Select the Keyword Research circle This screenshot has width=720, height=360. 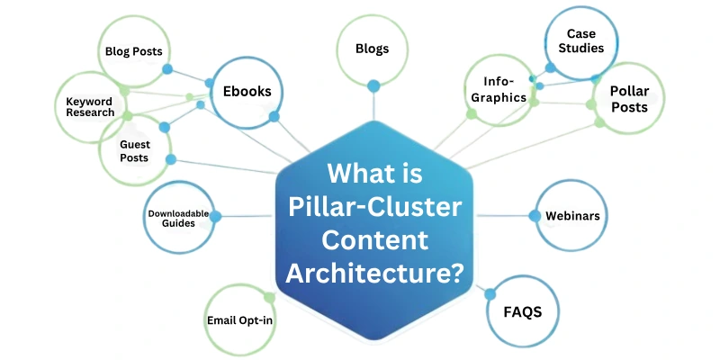[90, 106]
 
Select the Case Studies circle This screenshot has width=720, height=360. [580, 40]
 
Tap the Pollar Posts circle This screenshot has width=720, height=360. [628, 98]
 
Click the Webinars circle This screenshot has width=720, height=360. [571, 216]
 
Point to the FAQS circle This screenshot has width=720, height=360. [522, 311]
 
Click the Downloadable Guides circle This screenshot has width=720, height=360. [178, 218]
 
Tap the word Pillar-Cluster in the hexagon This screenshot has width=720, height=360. [374, 207]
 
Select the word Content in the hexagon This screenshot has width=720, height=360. [374, 239]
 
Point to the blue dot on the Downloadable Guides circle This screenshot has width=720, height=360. [215, 216]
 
